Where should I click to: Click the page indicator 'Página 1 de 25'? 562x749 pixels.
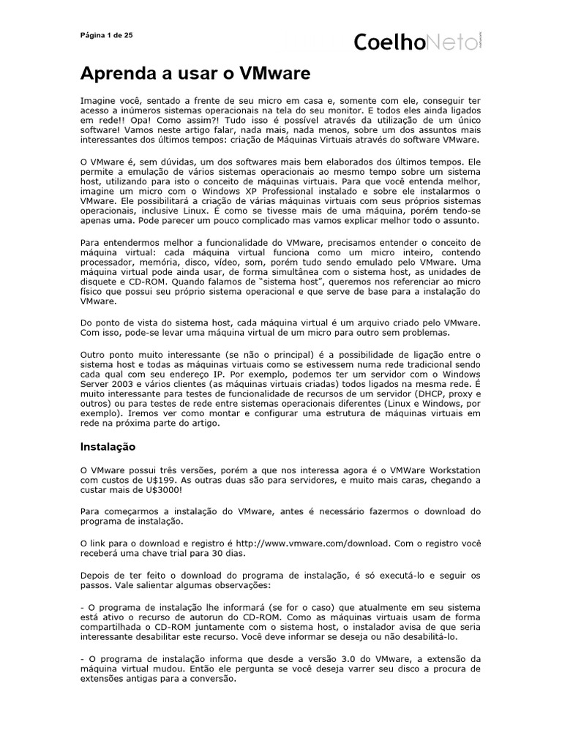(x=106, y=35)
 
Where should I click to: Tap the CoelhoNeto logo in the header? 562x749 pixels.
(x=418, y=42)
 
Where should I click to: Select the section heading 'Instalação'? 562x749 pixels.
(x=108, y=446)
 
